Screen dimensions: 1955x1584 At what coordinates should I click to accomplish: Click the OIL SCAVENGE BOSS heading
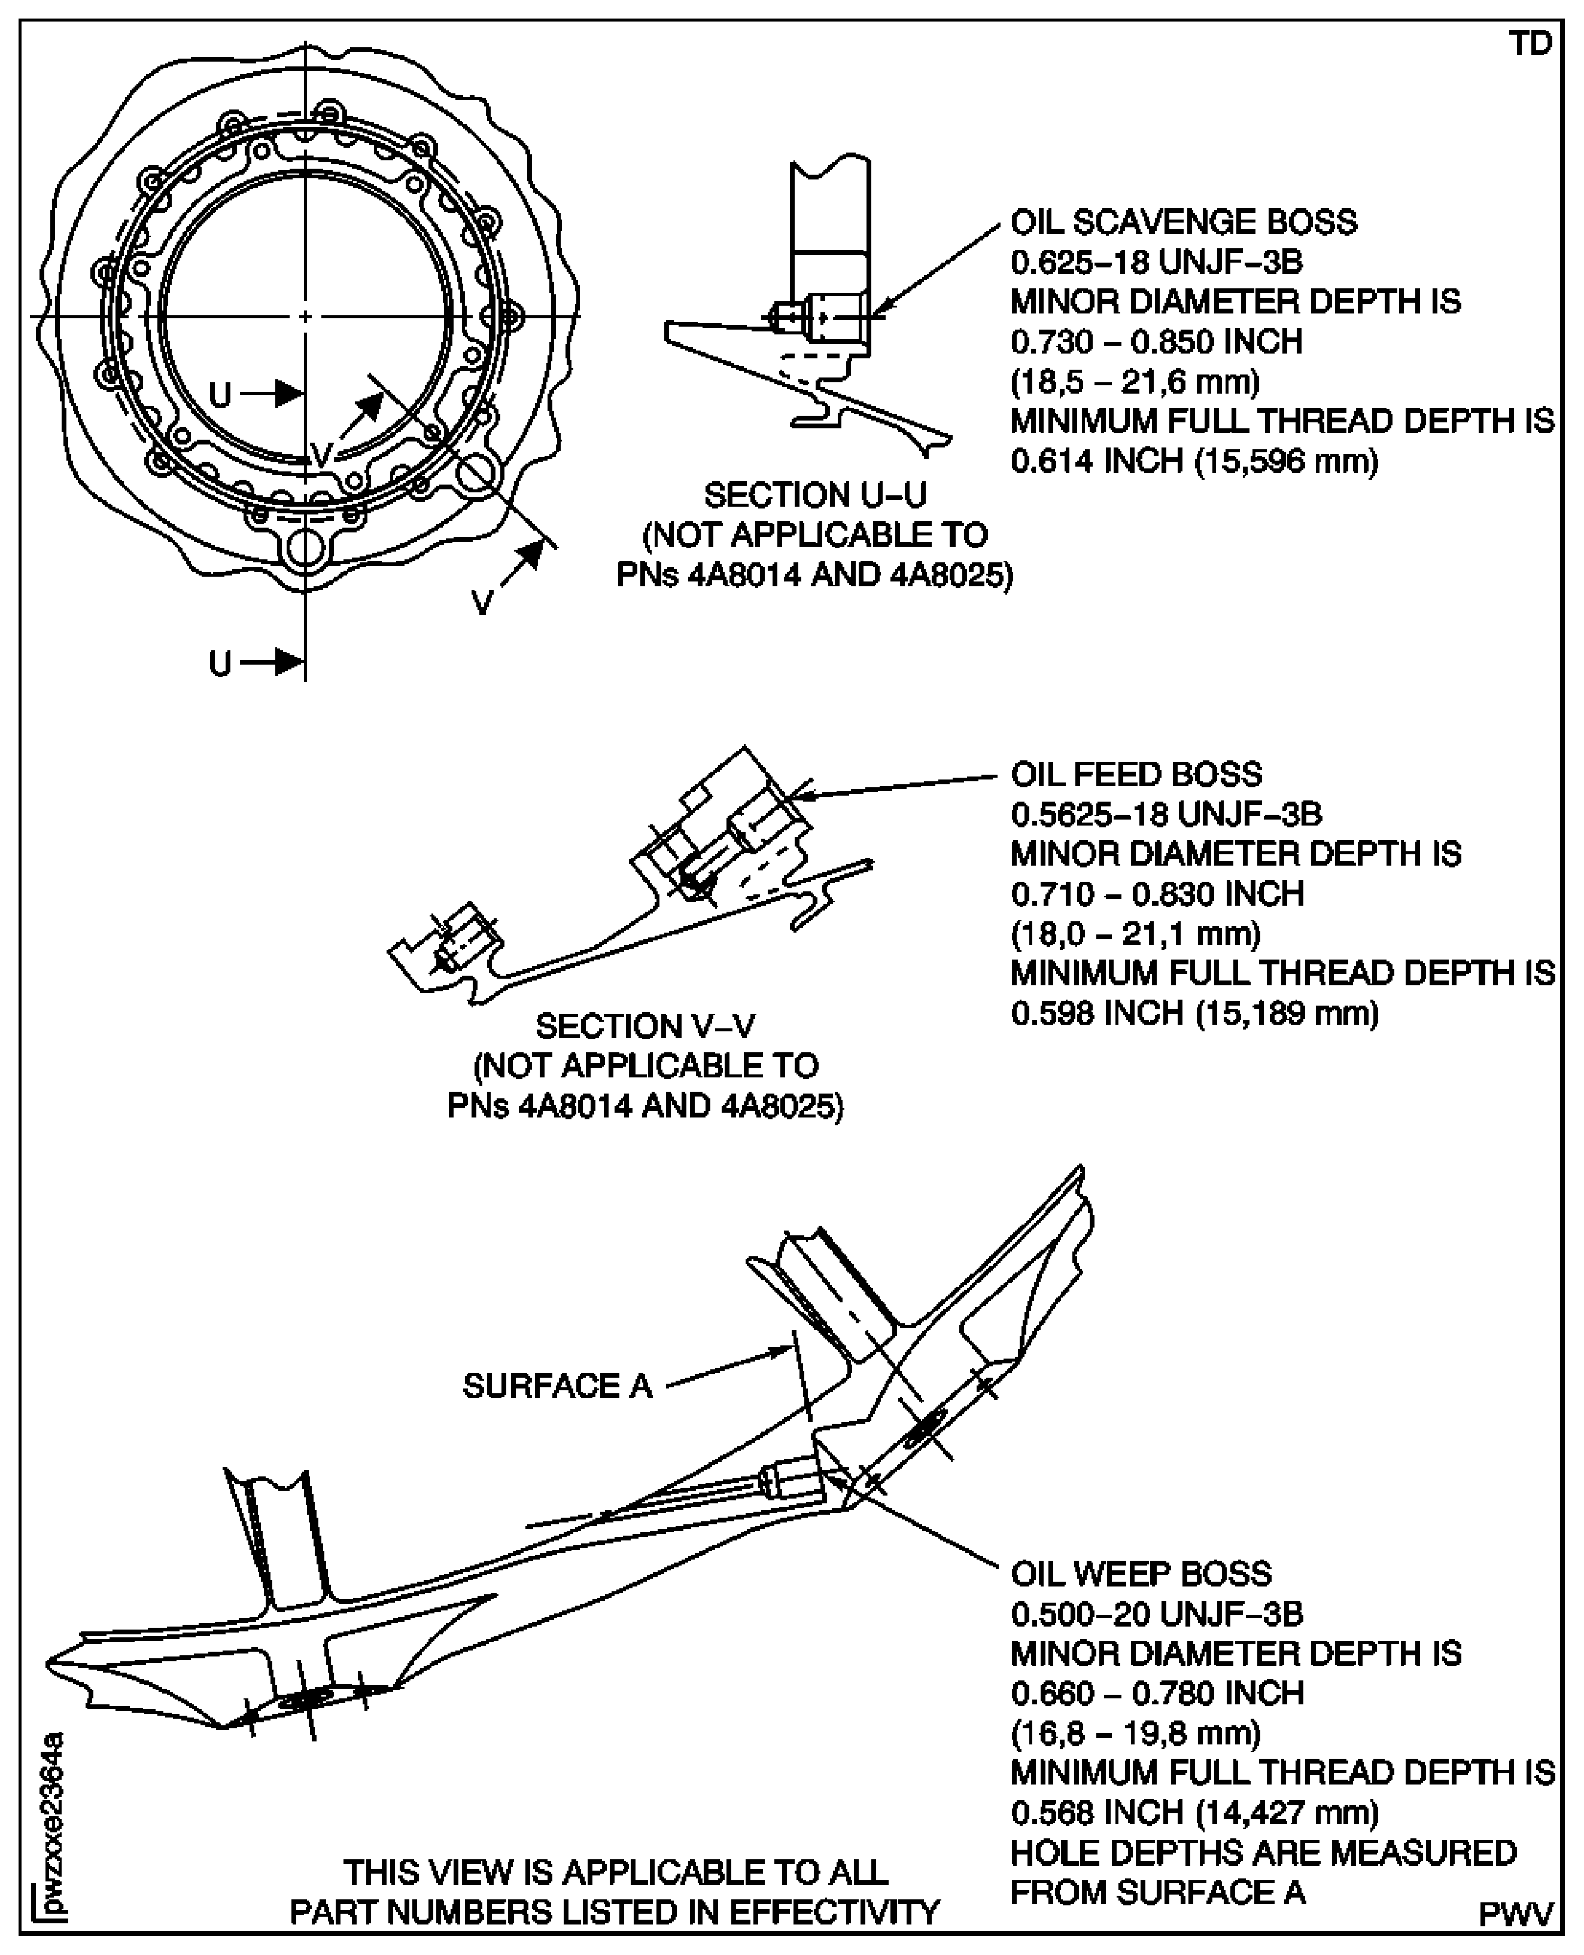1182,222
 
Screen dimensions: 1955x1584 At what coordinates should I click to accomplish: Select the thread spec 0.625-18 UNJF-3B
1156,262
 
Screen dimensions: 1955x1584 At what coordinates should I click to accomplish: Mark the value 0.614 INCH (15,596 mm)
1193,461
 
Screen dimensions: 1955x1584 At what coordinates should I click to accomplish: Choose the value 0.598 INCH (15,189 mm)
1193,1013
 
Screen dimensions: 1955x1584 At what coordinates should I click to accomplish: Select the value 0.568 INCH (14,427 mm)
1193,1812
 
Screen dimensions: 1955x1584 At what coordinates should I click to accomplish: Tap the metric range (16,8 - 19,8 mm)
1135,1732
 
